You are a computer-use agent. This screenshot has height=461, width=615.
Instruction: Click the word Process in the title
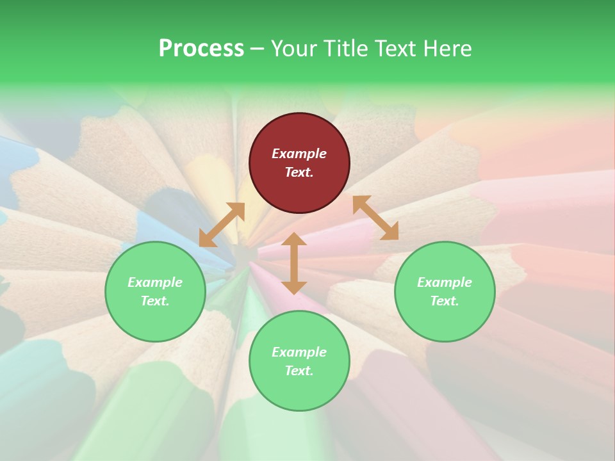[x=201, y=49]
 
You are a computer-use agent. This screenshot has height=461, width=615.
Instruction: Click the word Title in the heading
[x=346, y=49]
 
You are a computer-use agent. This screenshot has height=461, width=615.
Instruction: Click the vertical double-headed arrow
[x=294, y=263]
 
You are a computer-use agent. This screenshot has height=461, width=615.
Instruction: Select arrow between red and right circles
[x=375, y=218]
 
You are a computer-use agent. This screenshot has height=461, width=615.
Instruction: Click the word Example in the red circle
[x=299, y=154]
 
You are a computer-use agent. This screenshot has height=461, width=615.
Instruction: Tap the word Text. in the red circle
[x=299, y=172]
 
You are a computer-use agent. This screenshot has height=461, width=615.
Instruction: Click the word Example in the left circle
[x=155, y=282]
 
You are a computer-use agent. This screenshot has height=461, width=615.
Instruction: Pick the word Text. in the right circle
[x=445, y=301]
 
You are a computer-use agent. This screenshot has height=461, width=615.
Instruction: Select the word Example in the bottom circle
[x=299, y=352]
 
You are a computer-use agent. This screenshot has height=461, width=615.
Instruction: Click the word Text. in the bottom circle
[x=299, y=371]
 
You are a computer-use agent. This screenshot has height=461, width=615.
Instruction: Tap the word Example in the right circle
[x=445, y=282]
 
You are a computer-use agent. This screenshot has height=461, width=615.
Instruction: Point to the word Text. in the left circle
[x=155, y=301]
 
